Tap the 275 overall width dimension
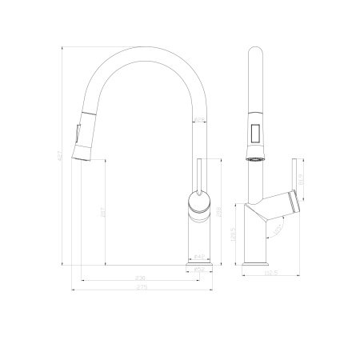[x=140, y=287]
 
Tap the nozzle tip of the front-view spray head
[x=81, y=155]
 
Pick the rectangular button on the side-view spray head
[x=255, y=134]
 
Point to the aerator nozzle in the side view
[x=255, y=158]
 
